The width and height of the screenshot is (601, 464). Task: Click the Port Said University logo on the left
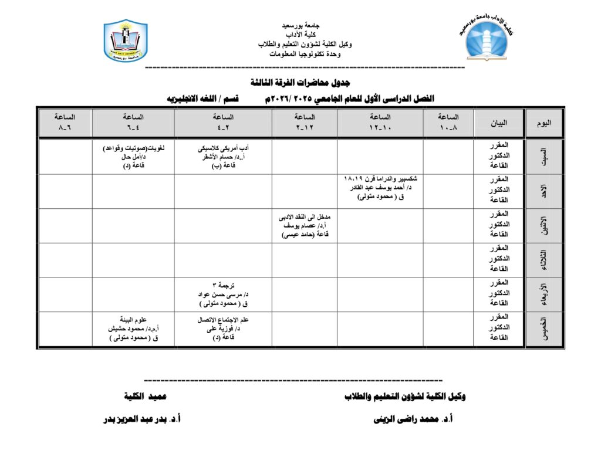click(x=125, y=41)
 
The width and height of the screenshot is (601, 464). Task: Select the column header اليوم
click(x=544, y=123)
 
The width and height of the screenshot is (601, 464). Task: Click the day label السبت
click(x=543, y=156)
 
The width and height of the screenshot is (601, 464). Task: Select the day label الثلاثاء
click(x=543, y=260)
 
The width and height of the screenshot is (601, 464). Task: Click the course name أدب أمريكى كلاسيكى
click(x=224, y=148)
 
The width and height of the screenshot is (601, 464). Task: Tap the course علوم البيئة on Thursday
click(x=134, y=320)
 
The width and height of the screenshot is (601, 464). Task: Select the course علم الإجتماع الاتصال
click(x=223, y=320)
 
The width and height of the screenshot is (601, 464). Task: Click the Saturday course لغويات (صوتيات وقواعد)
click(x=133, y=148)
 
